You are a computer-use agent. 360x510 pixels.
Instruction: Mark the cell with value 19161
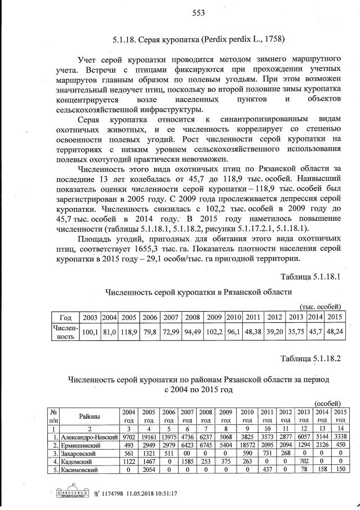tap(149, 436)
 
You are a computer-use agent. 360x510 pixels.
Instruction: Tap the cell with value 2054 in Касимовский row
tap(149, 469)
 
